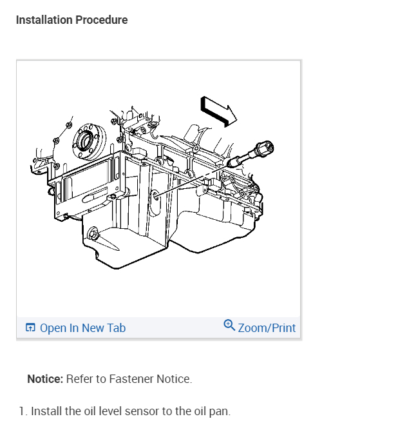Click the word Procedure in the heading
click(102, 20)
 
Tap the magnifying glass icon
click(229, 326)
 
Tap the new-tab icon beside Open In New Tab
click(30, 327)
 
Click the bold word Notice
click(45, 379)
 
